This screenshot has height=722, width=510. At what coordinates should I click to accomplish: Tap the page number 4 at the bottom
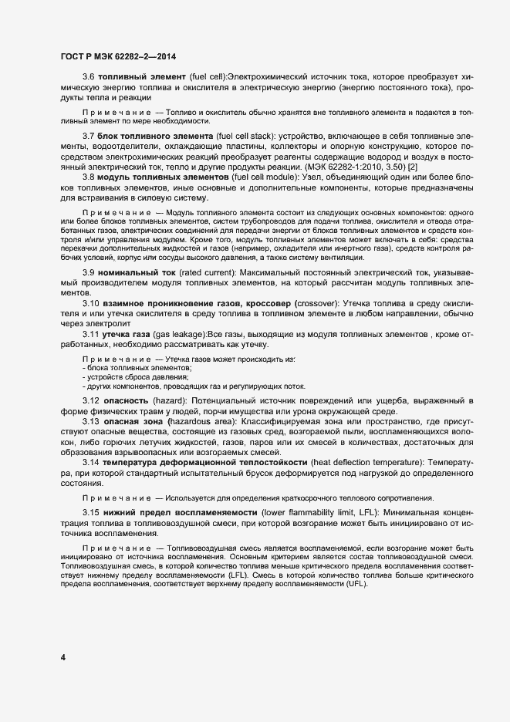coord(63,658)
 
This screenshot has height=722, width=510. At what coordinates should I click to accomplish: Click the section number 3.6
coord(89,77)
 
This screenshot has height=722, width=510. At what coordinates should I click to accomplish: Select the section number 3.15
coord(91,513)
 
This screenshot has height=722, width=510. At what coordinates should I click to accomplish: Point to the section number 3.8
coord(89,177)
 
